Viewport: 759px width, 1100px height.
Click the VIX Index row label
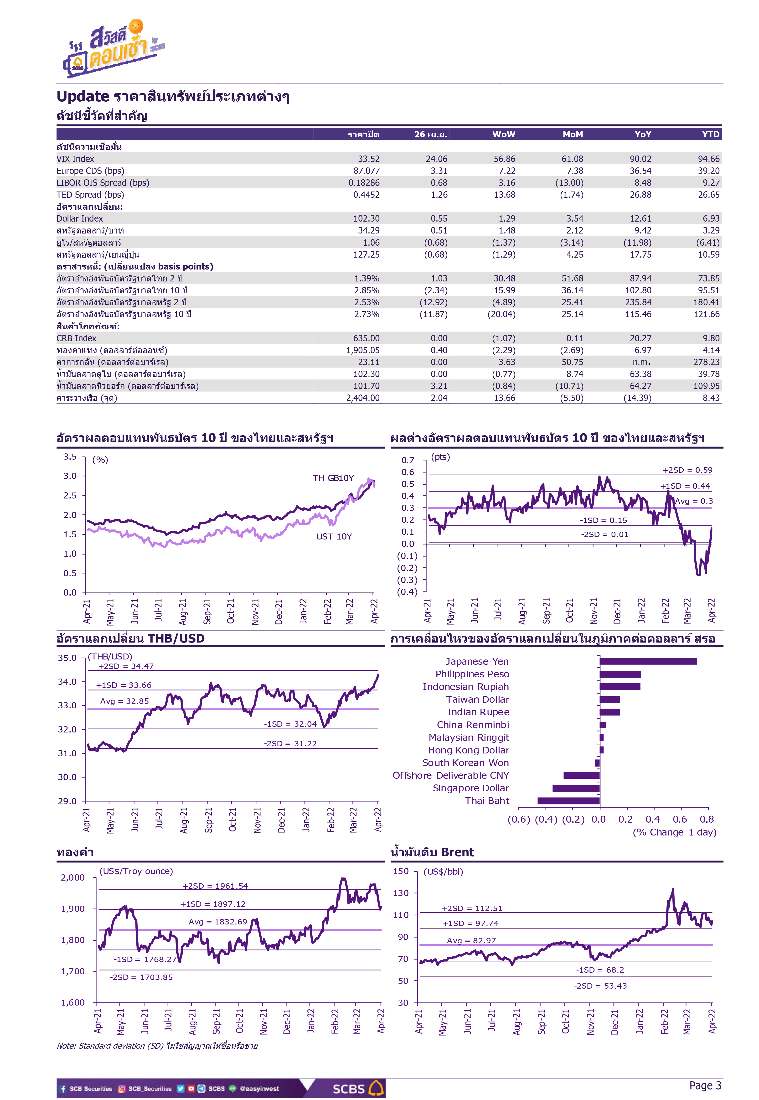75,159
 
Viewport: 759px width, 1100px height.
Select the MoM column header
573,135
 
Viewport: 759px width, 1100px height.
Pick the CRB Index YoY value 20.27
640,338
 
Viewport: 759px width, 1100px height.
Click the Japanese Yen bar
648,662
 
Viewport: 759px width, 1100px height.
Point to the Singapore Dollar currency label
471,788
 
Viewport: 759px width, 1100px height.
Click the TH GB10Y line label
333,478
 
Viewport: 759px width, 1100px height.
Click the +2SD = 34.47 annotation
126,666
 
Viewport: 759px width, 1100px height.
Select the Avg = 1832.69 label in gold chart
218,922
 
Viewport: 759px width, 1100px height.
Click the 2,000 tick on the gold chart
72,877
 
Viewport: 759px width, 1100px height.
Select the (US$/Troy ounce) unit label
136,871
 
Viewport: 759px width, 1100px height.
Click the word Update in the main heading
83,97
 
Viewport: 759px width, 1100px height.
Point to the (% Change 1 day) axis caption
674,832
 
